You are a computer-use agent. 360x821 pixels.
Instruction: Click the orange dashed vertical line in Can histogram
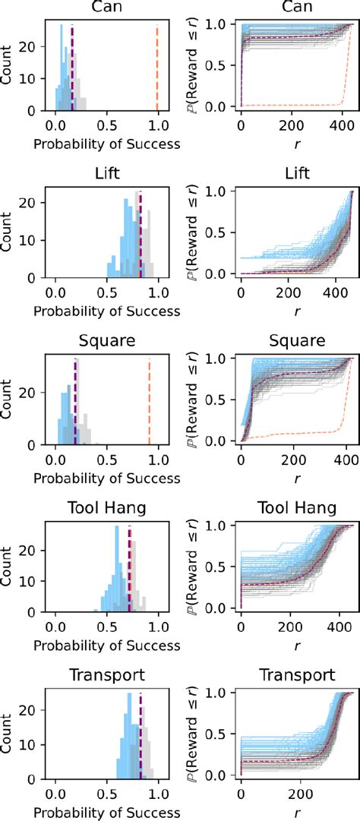pyautogui.click(x=157, y=68)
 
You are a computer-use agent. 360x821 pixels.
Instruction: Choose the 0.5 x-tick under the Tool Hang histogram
pyautogui.click(x=107, y=626)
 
